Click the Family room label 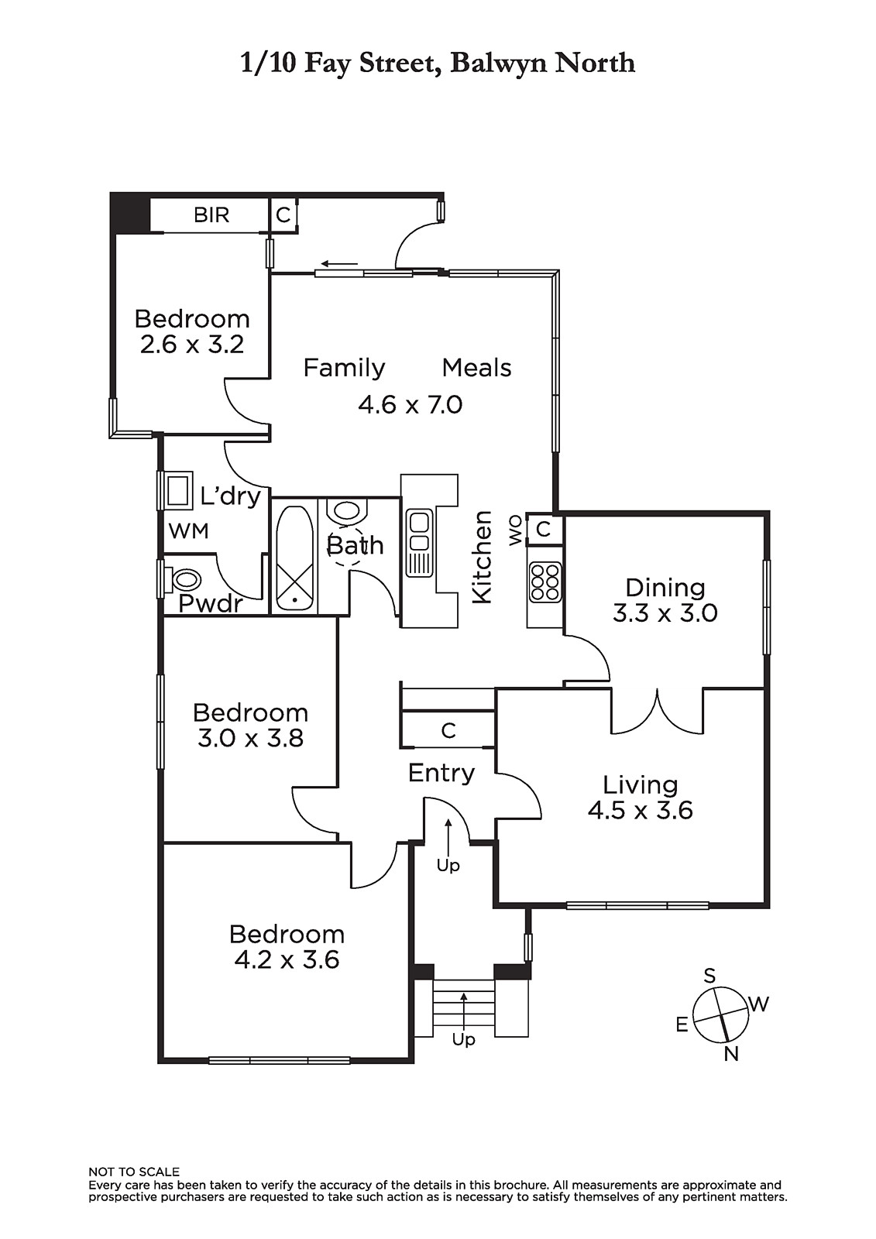(x=344, y=368)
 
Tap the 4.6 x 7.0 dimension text (x=410, y=405)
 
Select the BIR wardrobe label (x=211, y=215)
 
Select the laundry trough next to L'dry (x=177, y=490)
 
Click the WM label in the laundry (x=189, y=531)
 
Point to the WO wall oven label (x=515, y=530)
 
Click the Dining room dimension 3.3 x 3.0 (x=665, y=613)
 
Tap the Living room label (x=640, y=784)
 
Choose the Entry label (x=441, y=773)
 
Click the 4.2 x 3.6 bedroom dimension (x=287, y=959)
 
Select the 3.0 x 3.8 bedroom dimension (x=250, y=739)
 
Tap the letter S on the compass (x=709, y=976)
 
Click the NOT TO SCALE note (x=134, y=1187)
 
